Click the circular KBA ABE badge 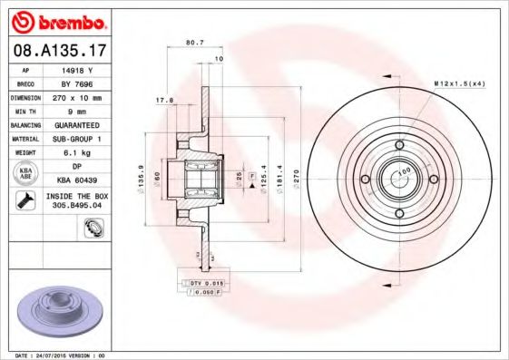[26, 173]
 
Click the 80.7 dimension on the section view [193, 42]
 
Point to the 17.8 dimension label [163, 101]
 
